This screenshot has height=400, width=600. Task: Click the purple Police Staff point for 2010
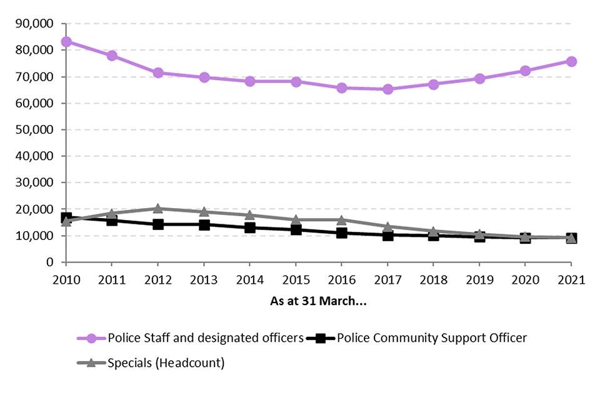point(66,42)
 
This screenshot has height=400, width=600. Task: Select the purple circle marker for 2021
point(571,61)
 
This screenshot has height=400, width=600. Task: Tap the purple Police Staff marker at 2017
point(387,89)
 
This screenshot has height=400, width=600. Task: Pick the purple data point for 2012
point(158,72)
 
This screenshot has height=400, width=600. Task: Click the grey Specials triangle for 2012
point(158,208)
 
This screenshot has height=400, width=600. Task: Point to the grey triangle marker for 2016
point(342,220)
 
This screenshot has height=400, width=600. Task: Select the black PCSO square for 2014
point(250,227)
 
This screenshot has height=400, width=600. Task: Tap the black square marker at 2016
point(342,233)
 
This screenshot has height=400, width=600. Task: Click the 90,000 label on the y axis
point(36,24)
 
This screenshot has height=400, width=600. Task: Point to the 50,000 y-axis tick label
point(36,130)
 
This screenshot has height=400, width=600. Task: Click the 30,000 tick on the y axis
point(36,183)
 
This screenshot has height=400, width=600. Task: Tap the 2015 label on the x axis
point(296,281)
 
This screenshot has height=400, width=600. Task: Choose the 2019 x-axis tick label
point(479,281)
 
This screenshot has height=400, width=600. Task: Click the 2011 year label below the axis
point(112,281)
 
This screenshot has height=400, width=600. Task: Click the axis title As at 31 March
point(318,301)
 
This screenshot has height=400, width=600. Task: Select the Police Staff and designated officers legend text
point(206,338)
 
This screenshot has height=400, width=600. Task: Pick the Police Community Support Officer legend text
point(432,338)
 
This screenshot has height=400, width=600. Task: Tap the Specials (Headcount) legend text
point(166,363)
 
